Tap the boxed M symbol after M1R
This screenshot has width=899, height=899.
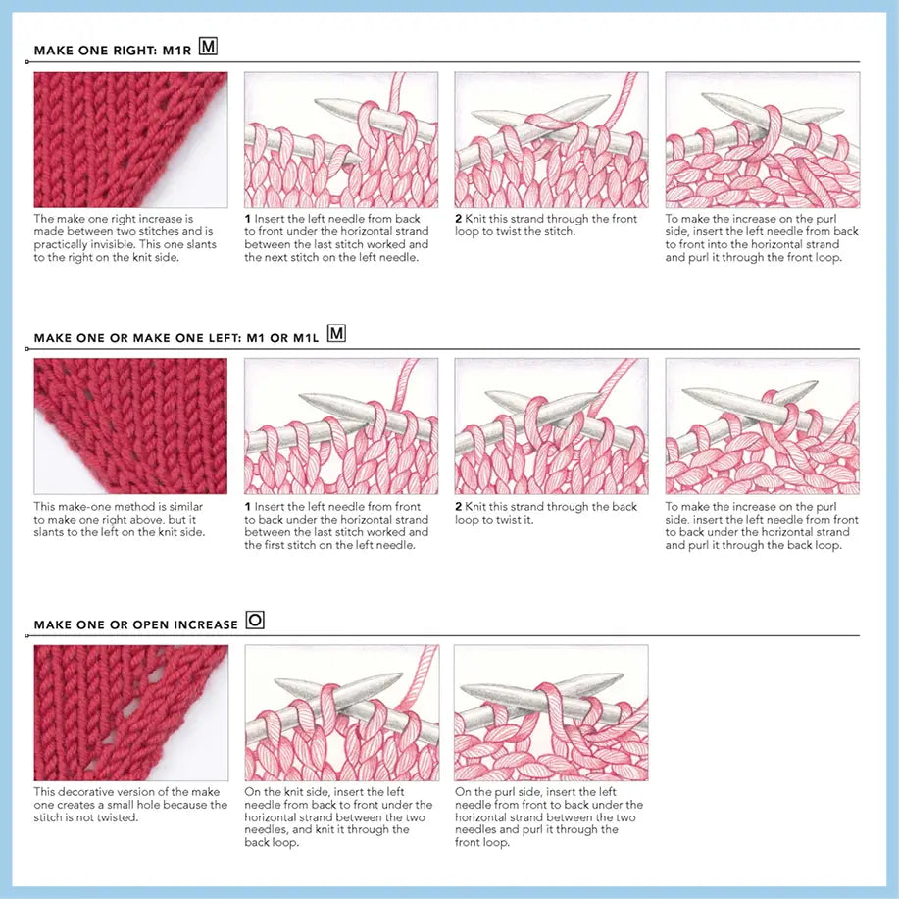coord(208,46)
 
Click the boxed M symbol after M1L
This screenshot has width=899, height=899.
coord(336,334)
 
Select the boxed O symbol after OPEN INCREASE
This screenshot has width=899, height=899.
coord(255,621)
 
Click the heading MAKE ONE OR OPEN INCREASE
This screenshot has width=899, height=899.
coord(135,624)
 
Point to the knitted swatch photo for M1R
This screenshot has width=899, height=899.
coord(130,138)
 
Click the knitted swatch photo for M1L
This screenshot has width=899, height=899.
coord(130,425)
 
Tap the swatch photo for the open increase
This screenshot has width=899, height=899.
coord(130,712)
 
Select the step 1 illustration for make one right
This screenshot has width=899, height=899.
coord(340,138)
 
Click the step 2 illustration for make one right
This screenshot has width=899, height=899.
coord(551,138)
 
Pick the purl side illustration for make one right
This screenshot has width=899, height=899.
coord(762,138)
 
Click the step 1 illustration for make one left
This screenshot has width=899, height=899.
coord(340,425)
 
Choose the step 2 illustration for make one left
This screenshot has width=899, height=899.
coord(551,425)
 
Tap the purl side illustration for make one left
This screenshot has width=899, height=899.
coord(762,425)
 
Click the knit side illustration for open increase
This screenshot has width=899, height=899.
coord(340,712)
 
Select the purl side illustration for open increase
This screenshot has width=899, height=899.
coord(551,712)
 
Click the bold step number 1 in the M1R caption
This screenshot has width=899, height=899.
coord(248,219)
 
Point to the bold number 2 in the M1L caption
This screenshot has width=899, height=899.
coord(459,507)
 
